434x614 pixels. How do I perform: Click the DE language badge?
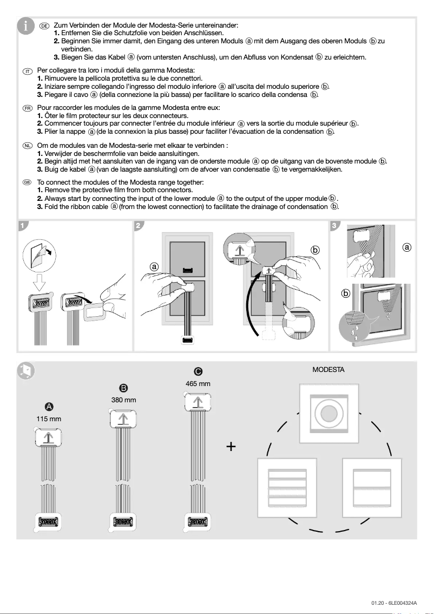(45, 25)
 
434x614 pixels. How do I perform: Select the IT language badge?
(28, 71)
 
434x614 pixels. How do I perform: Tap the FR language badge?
(28, 108)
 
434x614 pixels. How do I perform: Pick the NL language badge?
(28, 146)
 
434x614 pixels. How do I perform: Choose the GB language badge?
(28, 184)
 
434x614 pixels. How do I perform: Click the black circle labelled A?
(49, 407)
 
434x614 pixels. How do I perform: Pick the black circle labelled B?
(123, 388)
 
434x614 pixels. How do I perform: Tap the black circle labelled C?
(198, 371)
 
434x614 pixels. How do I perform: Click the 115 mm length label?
(49, 419)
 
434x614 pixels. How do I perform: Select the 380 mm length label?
(123, 400)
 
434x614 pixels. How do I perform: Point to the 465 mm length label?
(198, 383)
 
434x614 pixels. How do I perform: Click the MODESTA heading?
(328, 370)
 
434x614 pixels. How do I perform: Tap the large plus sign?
(232, 447)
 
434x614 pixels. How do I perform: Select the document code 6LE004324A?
(394, 603)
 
